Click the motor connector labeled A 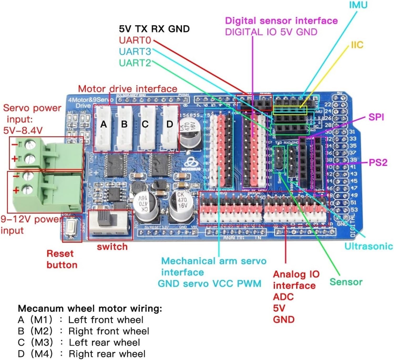104,128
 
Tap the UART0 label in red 135,40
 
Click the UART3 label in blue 135,51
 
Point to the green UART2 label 135,63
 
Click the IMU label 358,5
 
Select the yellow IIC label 357,45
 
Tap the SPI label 376,117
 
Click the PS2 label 378,163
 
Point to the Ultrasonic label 369,246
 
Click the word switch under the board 112,247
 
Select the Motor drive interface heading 128,89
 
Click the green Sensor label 346,282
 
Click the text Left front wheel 106,320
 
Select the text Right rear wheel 107,354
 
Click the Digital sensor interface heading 281,20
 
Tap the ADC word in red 283,297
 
